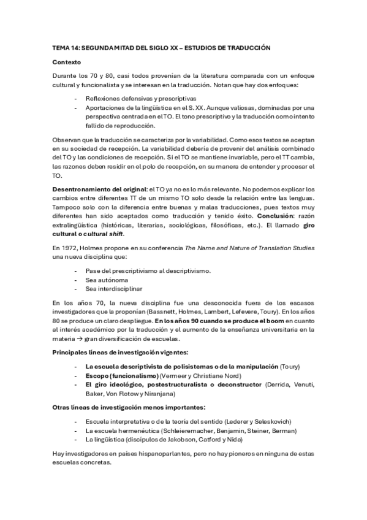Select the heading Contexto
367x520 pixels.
tap(66, 62)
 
